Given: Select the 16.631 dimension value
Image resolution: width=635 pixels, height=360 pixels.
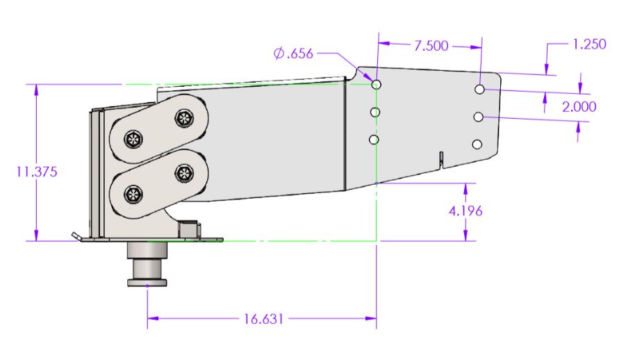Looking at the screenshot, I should point(263,319).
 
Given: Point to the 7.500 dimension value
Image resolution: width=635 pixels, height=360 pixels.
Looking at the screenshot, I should point(431,46).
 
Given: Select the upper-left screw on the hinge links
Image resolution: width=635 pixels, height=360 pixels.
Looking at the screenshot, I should point(132,140).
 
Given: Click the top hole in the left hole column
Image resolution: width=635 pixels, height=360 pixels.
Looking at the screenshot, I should point(376,85).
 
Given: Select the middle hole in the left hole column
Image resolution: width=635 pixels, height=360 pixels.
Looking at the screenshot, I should point(375,112).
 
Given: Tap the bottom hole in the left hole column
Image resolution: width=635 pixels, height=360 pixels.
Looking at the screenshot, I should point(374,140).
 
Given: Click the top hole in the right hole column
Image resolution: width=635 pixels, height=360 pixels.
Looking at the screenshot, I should point(480,90).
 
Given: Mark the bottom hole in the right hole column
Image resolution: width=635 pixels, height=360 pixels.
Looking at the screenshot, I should point(477,144).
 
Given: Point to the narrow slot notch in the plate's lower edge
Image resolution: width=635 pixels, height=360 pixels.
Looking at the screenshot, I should point(440,159).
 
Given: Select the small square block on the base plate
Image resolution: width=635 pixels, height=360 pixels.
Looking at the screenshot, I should point(188,229).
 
